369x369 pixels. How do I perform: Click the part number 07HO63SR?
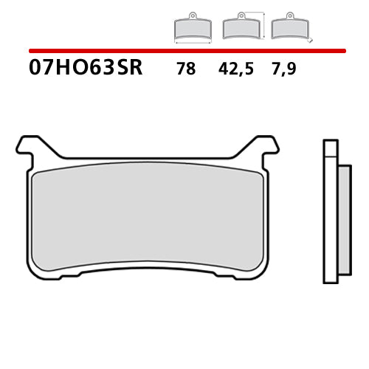pos(86,68)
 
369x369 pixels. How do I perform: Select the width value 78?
pos(186,69)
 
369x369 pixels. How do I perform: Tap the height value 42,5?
pos(235,69)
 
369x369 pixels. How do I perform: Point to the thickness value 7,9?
pos(284,69)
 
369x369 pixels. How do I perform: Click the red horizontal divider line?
pos(187,51)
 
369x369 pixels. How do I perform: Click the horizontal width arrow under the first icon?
pos(193,42)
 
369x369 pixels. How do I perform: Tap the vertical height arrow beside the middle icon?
pos(263,25)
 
